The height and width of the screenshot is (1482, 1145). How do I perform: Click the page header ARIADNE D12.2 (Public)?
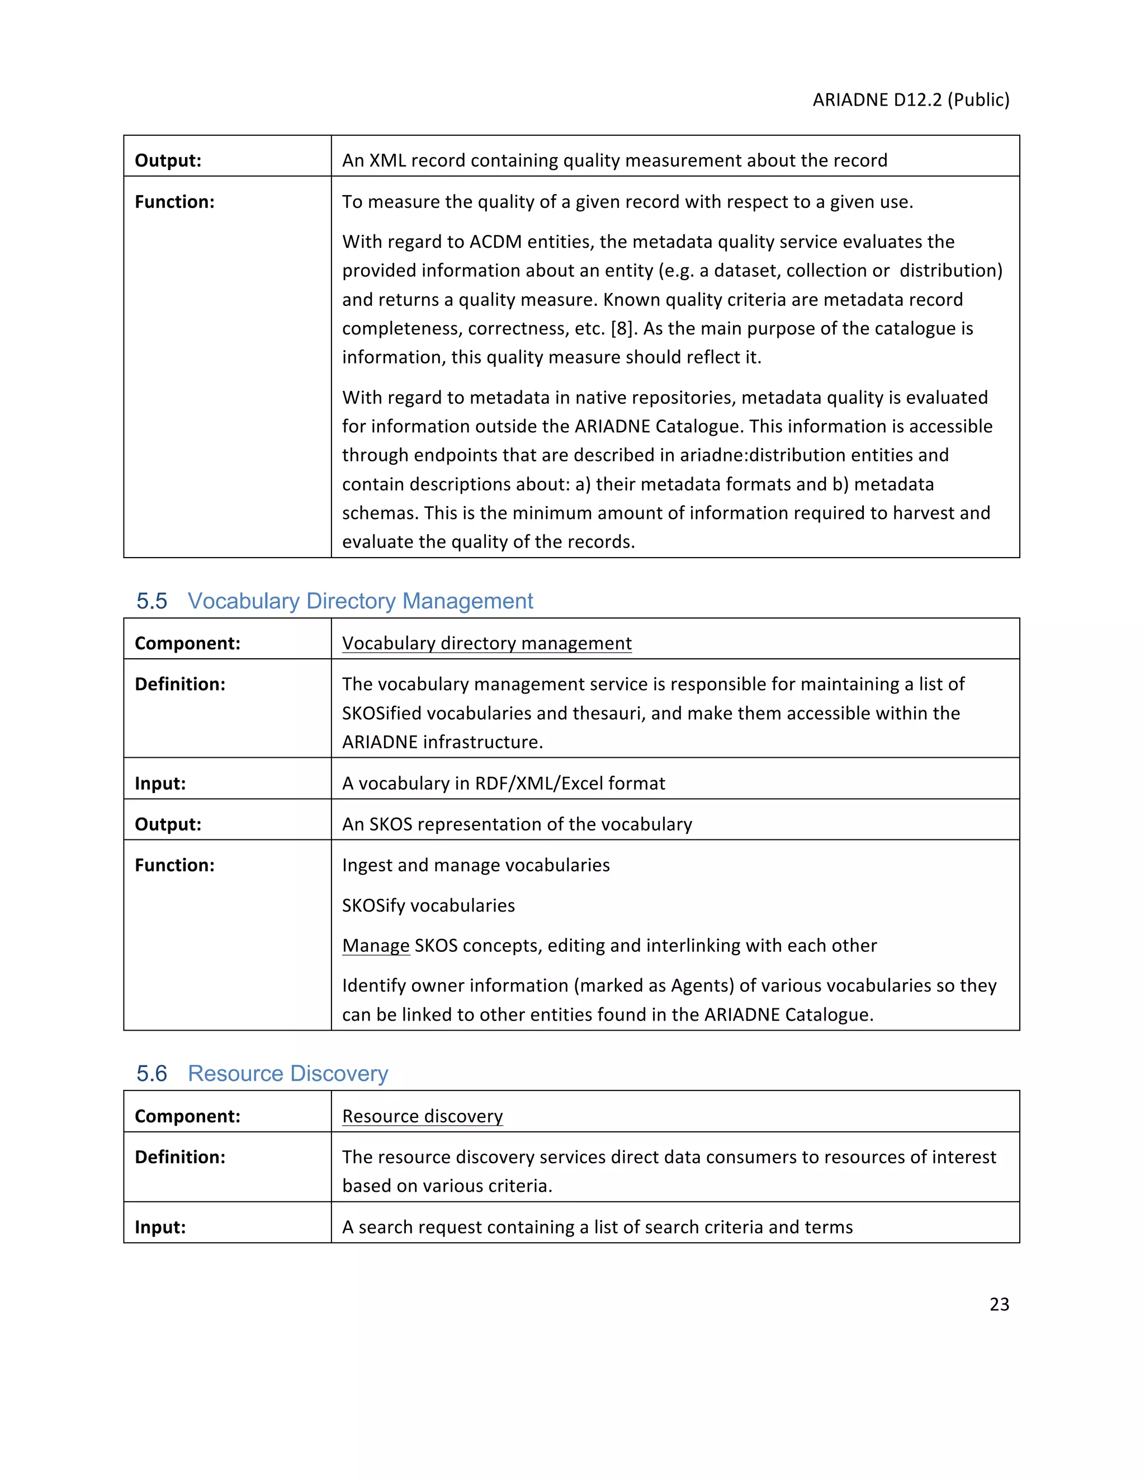tap(910, 100)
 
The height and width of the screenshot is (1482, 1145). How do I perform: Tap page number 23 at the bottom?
tap(999, 1304)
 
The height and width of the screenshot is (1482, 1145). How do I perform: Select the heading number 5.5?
tap(152, 601)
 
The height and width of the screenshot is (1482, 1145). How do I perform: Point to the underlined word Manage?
tap(376, 945)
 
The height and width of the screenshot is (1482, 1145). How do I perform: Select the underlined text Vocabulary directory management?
tap(486, 643)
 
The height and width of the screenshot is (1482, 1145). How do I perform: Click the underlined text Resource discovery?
tap(422, 1116)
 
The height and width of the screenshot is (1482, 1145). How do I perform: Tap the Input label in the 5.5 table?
tap(160, 783)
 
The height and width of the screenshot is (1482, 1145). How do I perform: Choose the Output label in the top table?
tap(168, 161)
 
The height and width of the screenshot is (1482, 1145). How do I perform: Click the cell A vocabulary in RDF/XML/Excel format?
tap(503, 783)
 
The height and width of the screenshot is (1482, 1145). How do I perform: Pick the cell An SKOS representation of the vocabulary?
tap(517, 824)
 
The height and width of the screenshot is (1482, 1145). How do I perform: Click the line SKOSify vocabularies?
tap(428, 905)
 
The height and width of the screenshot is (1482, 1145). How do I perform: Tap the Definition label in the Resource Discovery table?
tap(180, 1157)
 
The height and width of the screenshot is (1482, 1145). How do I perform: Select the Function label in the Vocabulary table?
tap(174, 865)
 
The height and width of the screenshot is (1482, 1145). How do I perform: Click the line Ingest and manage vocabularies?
tap(476, 865)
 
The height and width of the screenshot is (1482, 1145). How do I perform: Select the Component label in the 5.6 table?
tap(187, 1116)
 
